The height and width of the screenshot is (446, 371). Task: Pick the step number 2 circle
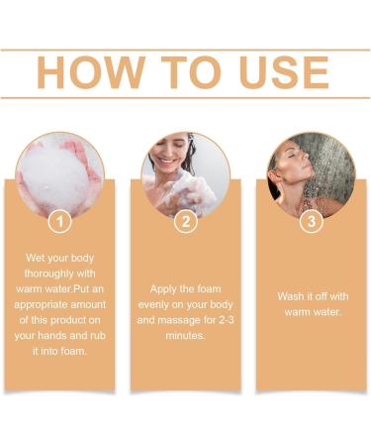(x=186, y=222)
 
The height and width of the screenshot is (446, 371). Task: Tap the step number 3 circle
(x=312, y=222)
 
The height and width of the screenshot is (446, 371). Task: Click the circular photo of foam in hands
(x=59, y=174)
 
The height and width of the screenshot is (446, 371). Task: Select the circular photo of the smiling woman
(x=186, y=174)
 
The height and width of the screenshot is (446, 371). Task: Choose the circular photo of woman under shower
(x=312, y=174)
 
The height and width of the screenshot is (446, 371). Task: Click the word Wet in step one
(x=37, y=258)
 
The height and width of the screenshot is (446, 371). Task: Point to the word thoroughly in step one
(x=57, y=275)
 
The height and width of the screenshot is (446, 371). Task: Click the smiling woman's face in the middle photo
(x=176, y=157)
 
